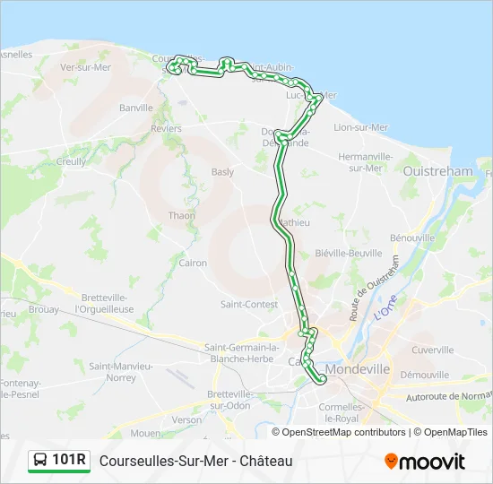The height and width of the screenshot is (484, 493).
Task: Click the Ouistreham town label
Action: (x=438, y=171)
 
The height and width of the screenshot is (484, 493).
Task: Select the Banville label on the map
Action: (x=136, y=108)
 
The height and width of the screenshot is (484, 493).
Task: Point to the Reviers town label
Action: (x=166, y=129)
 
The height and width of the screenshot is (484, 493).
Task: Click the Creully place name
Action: (x=72, y=162)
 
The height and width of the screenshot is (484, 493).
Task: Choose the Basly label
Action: (x=222, y=172)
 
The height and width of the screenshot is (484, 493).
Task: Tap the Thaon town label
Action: (x=182, y=216)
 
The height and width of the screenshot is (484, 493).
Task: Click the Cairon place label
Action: (x=193, y=264)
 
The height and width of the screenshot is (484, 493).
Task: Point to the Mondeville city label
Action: (x=358, y=368)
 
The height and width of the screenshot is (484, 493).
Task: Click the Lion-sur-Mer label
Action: (x=359, y=128)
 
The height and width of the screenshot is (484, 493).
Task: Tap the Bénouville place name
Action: (x=412, y=238)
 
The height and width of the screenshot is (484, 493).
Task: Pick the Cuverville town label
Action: (x=433, y=350)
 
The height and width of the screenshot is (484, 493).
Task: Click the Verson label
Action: (x=187, y=419)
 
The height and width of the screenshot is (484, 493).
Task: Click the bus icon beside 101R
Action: (x=40, y=461)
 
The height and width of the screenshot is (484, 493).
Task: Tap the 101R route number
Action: (x=70, y=461)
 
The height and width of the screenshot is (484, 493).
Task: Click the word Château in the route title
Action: (x=268, y=461)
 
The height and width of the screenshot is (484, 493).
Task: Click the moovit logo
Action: (x=425, y=462)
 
